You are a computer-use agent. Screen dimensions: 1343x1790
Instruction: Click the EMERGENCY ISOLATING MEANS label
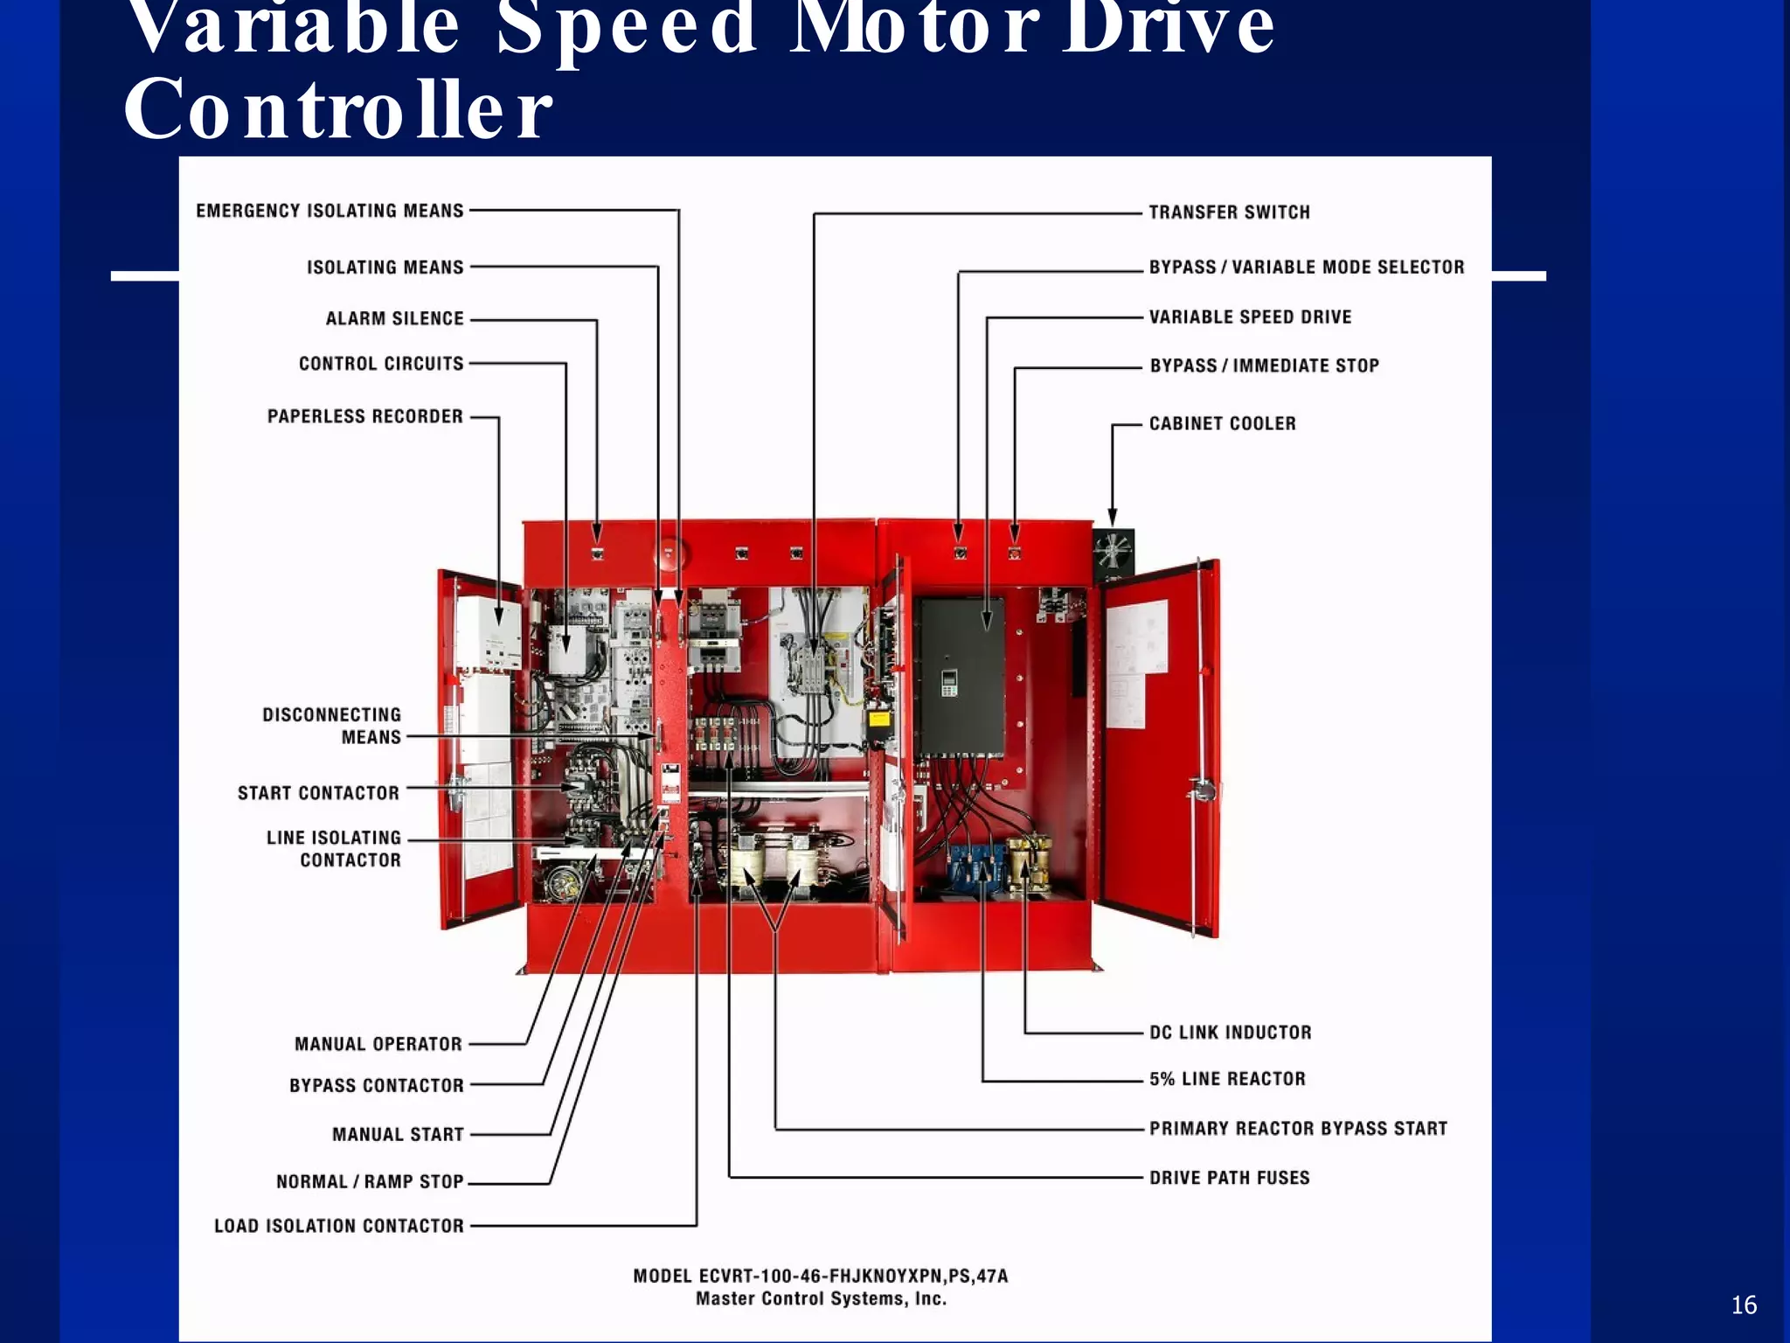click(330, 211)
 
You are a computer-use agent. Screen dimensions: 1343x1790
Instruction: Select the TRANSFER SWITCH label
click(1229, 212)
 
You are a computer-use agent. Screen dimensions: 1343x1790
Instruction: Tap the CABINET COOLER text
click(1222, 424)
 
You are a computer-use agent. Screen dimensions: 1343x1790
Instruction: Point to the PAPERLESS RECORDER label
click(364, 417)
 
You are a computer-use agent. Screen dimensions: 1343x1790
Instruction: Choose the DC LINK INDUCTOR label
click(1230, 1033)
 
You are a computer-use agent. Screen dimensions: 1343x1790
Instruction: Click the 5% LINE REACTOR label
click(1226, 1079)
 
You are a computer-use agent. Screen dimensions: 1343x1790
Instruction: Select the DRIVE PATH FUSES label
click(1229, 1178)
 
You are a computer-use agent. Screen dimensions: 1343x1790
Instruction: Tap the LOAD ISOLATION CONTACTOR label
click(338, 1226)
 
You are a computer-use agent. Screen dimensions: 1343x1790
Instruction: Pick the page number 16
click(1743, 1305)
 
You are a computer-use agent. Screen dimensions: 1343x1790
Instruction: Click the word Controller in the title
click(338, 110)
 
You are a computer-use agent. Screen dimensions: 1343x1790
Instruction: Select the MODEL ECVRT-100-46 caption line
click(820, 1276)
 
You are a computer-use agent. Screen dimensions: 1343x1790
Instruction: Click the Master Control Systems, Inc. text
click(820, 1299)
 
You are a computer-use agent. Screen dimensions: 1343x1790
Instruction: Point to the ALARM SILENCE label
click(394, 319)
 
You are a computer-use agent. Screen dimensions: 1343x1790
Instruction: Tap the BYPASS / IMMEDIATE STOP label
click(1264, 366)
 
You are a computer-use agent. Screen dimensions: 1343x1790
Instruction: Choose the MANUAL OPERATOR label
click(378, 1044)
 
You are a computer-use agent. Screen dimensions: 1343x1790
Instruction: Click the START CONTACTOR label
click(318, 793)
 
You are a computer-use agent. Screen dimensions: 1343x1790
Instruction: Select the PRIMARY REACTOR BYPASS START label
click(1298, 1129)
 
